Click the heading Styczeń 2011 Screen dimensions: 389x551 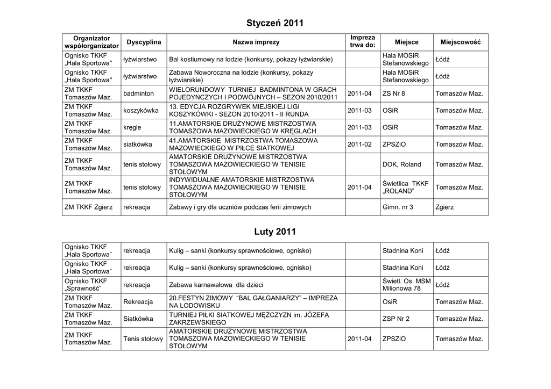275,23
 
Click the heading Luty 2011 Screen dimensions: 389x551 275,232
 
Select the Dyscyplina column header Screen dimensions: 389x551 143,42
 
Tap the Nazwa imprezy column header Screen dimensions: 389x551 256,42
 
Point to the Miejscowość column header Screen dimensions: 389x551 461,42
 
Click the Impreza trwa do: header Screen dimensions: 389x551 362,42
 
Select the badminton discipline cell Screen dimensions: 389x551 138,93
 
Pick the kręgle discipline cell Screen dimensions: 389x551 132,127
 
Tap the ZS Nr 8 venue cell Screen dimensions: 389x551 394,93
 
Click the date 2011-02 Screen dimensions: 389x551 359,145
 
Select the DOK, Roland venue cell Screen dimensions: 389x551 401,164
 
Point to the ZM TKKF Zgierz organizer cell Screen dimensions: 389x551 89,207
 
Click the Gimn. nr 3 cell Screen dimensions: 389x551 398,207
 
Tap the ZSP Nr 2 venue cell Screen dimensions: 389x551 396,319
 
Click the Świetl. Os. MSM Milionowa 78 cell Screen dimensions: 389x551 406,285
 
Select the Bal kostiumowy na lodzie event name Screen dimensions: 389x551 251,59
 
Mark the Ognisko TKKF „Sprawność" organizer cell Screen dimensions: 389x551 86,285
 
